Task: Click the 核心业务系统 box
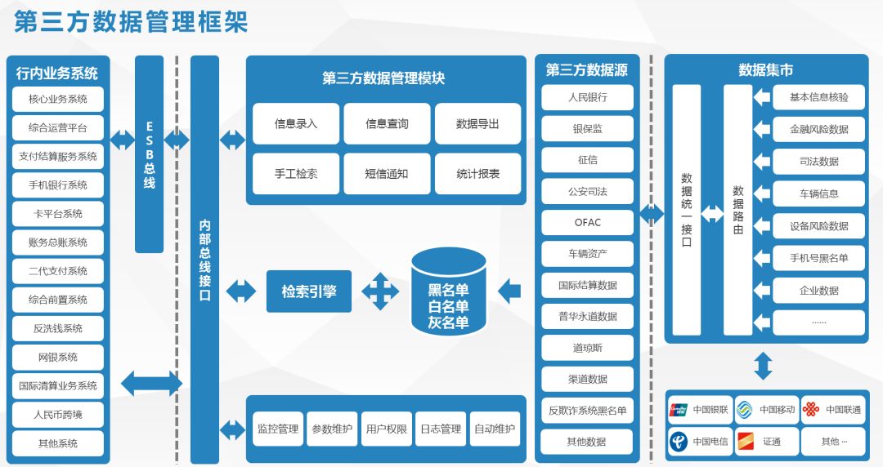click(x=58, y=100)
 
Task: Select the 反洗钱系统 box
click(x=58, y=328)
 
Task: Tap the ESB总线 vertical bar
click(x=149, y=154)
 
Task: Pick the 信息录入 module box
click(x=296, y=124)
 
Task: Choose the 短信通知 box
click(x=387, y=174)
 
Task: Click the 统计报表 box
click(x=477, y=174)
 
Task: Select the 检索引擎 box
click(x=309, y=291)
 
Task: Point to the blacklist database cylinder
click(x=448, y=291)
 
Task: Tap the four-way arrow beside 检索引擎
click(x=380, y=291)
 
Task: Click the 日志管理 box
click(x=440, y=429)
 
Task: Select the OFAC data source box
click(x=587, y=222)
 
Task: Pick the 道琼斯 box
click(x=587, y=348)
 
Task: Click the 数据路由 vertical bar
click(x=737, y=210)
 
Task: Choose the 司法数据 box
click(x=818, y=162)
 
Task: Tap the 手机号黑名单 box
click(x=818, y=258)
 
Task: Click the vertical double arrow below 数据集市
click(x=763, y=366)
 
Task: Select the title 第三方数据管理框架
click(x=131, y=22)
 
